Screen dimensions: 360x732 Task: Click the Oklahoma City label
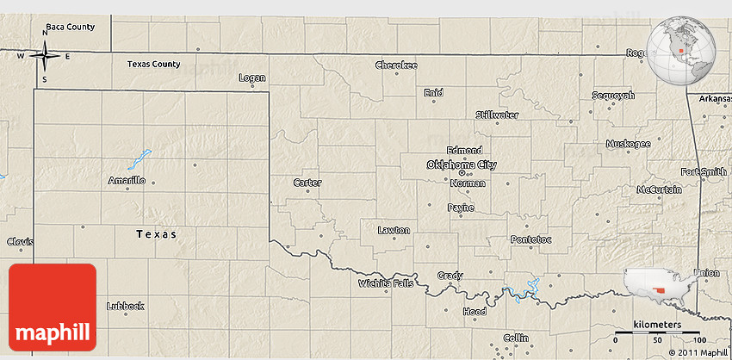click(x=462, y=164)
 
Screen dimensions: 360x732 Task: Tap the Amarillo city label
click(x=127, y=181)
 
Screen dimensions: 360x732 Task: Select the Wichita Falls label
click(x=386, y=282)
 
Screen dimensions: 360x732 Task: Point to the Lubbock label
click(x=125, y=306)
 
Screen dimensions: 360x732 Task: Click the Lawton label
click(x=394, y=230)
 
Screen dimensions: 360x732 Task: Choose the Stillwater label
click(x=497, y=115)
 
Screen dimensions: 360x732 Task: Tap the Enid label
click(x=433, y=92)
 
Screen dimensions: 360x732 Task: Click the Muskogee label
click(x=629, y=144)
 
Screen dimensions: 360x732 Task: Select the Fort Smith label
click(x=703, y=171)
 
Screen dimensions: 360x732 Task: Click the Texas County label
click(x=153, y=64)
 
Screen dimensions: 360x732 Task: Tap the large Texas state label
click(x=156, y=233)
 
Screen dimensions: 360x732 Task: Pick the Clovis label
click(x=19, y=241)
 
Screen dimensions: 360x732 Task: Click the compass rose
click(x=45, y=57)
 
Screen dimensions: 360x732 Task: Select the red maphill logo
click(x=53, y=306)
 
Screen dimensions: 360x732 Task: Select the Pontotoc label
click(x=530, y=239)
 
